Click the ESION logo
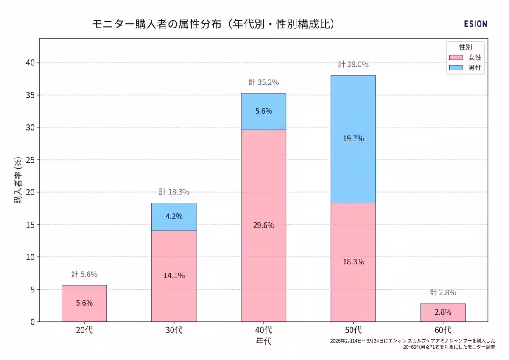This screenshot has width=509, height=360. click(x=475, y=24)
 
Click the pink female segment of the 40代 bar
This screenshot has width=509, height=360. click(x=263, y=255)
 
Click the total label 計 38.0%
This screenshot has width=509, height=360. click(x=353, y=65)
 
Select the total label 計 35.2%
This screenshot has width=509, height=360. click(x=263, y=82)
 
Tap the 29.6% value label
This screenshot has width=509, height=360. click(x=264, y=225)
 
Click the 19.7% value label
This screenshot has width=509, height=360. click(x=353, y=138)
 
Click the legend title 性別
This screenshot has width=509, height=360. click(x=465, y=47)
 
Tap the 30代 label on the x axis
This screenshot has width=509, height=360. click(x=174, y=330)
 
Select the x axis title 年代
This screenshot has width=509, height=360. click(x=263, y=341)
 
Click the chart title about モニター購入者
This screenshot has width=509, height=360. click(x=214, y=24)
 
